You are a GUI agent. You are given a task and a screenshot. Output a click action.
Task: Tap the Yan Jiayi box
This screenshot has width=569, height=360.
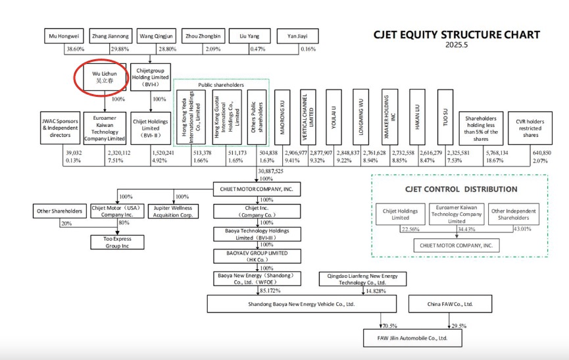tap(297, 36)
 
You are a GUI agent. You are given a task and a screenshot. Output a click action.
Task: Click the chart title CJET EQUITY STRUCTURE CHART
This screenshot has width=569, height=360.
tap(457, 35)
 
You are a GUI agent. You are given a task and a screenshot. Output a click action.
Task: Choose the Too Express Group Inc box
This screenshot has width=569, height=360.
tap(118, 242)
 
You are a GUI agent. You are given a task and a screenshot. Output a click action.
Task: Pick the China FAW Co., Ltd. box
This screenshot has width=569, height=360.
tap(450, 303)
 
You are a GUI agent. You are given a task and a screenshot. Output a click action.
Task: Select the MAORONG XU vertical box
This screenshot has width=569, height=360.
tap(284, 117)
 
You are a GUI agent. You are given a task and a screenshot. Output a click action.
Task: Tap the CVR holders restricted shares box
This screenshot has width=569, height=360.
tap(530, 127)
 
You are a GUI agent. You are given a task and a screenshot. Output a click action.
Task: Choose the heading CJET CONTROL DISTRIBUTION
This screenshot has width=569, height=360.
tap(470, 190)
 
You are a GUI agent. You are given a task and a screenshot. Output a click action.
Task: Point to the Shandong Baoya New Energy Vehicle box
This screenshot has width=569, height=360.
tap(302, 303)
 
